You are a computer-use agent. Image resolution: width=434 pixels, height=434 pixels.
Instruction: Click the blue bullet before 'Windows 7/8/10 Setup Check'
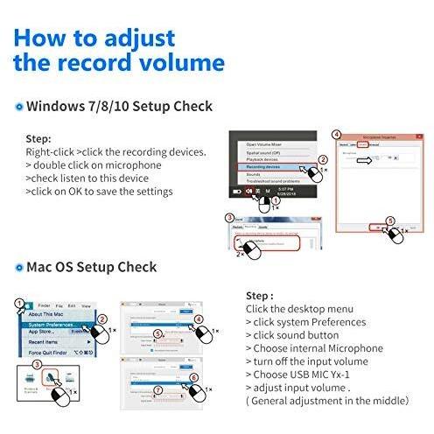[18, 107]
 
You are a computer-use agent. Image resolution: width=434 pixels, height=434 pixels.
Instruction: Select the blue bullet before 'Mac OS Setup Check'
[18, 267]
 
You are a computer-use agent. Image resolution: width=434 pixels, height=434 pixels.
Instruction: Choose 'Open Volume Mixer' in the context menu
[270, 143]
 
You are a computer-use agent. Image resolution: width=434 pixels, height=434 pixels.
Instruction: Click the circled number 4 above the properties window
[337, 135]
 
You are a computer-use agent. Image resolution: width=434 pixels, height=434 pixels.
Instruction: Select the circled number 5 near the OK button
[390, 222]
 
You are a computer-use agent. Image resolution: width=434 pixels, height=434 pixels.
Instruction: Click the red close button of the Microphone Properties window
[416, 137]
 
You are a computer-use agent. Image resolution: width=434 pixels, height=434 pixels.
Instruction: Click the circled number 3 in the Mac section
[37, 363]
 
